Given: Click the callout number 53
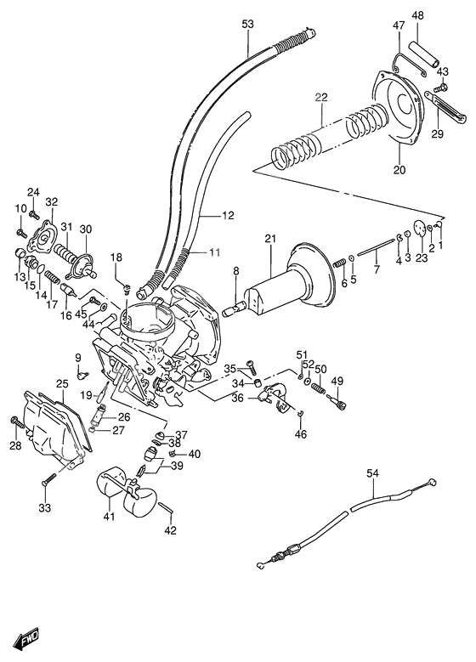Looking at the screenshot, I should click(x=247, y=25).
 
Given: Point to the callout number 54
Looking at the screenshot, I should click(x=372, y=473).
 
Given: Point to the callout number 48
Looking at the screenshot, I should click(x=418, y=16).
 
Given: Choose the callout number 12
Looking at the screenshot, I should click(x=227, y=216).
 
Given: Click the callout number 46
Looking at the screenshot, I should click(x=302, y=434).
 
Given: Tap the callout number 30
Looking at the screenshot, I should click(x=85, y=229).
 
